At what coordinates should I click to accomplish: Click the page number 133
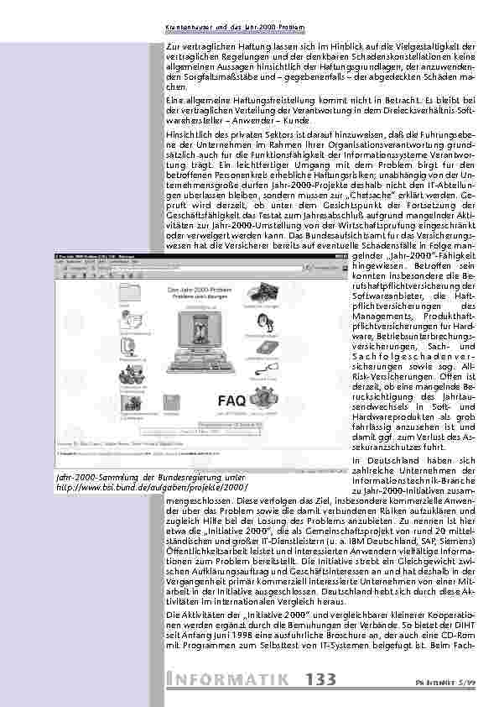click(322, 679)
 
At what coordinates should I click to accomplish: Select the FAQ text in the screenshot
click(232, 400)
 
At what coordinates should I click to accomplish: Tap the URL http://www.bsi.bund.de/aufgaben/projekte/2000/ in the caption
click(152, 487)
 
